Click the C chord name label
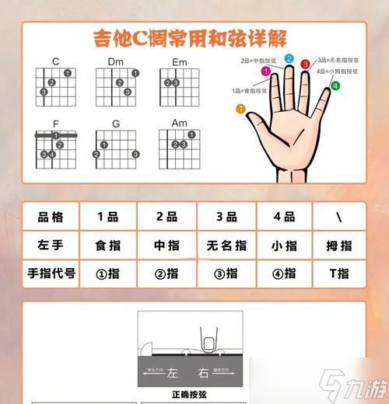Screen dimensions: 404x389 point(56,61)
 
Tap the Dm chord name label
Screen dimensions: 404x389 point(116,61)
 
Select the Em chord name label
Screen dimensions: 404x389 point(179,61)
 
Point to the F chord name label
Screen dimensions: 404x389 point(56,123)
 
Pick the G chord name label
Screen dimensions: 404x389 point(116,123)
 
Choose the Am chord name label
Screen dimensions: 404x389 point(179,123)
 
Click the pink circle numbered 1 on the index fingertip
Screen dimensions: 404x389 point(265,71)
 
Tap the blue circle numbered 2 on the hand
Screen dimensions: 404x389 point(289,58)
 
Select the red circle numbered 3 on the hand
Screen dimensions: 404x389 point(306,64)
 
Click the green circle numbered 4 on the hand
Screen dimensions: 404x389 point(335,85)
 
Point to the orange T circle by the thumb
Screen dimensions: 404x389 point(241,109)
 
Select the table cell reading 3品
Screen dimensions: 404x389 point(226,218)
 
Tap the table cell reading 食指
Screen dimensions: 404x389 point(106,246)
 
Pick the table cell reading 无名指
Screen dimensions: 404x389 point(226,246)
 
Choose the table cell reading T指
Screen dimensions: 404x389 point(339,273)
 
